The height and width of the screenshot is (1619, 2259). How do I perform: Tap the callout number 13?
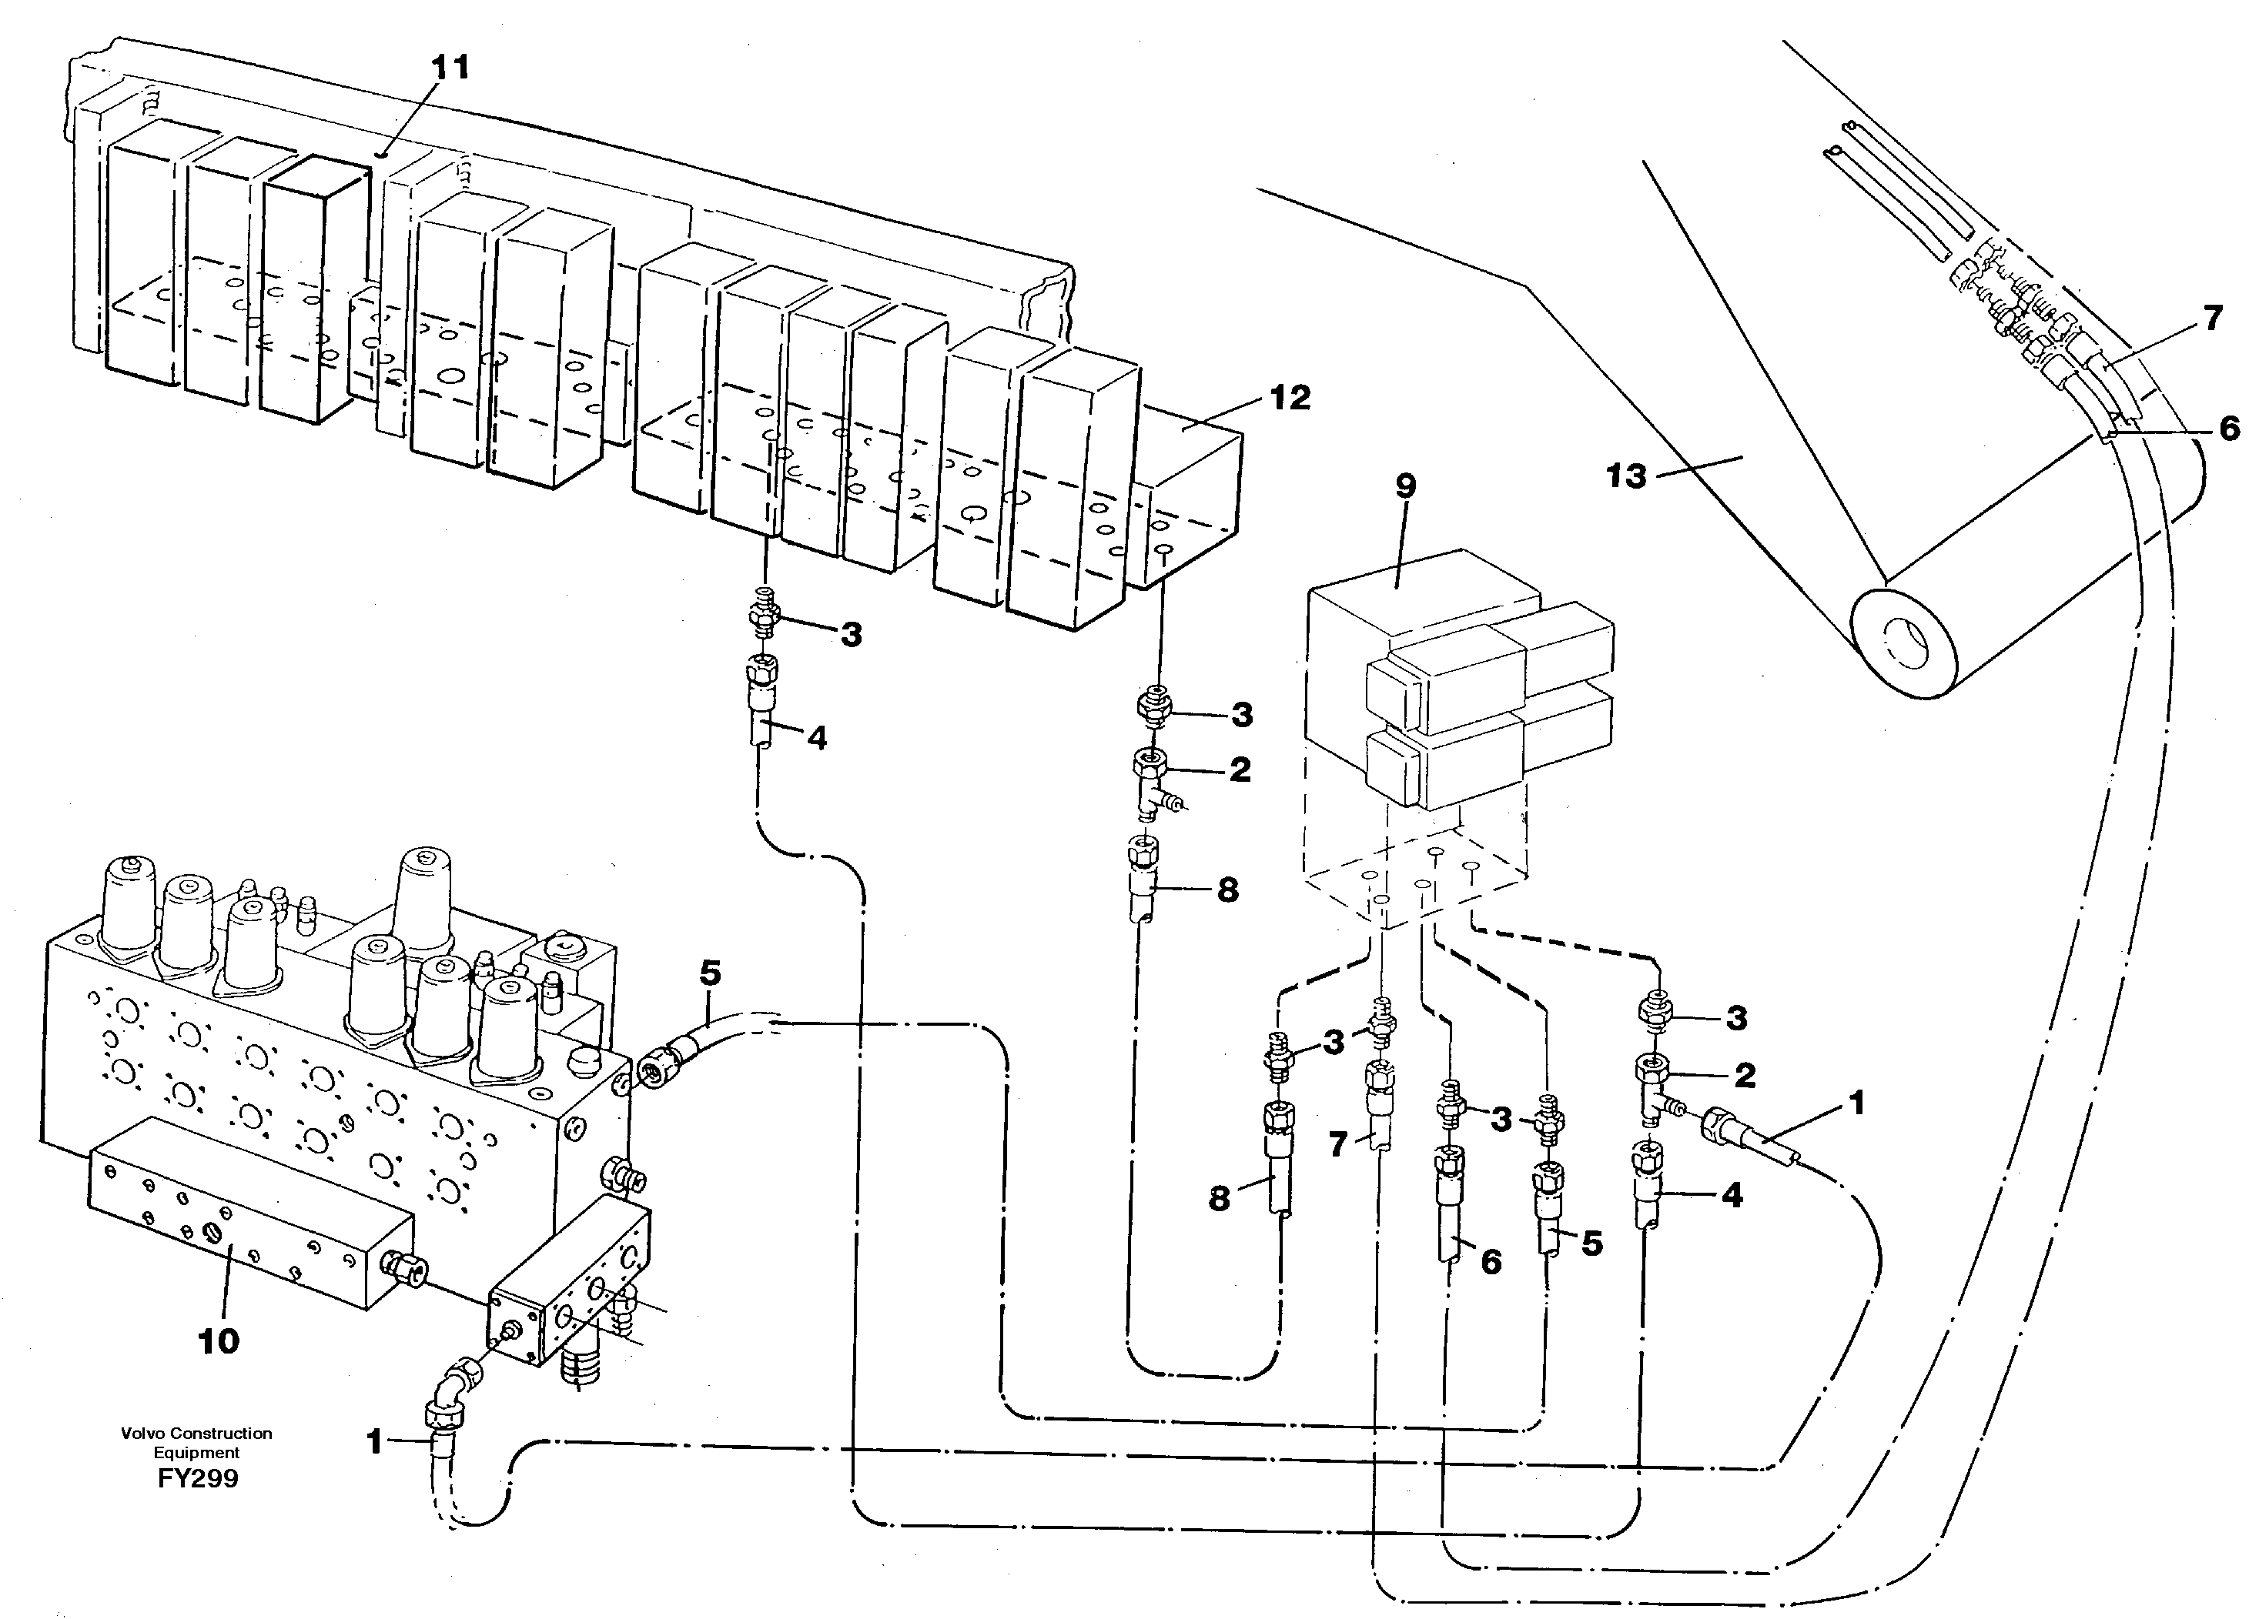1625,477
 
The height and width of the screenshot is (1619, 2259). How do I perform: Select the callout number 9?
1405,487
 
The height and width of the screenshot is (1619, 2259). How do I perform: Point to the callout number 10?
218,1341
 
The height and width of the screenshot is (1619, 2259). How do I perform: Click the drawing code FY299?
197,1479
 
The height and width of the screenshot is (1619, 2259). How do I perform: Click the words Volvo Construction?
196,1434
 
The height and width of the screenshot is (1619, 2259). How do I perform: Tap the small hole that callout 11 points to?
384,155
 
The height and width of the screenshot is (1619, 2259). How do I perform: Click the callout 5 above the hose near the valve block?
709,973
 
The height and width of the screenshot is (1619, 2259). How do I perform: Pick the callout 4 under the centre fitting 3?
817,739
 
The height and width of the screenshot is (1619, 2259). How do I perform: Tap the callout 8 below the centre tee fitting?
1227,890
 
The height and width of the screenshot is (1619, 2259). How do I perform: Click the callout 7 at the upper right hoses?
2211,319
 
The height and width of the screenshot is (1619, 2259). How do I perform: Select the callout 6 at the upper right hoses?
2229,428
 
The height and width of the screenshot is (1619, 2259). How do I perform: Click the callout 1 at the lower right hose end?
1856,1103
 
